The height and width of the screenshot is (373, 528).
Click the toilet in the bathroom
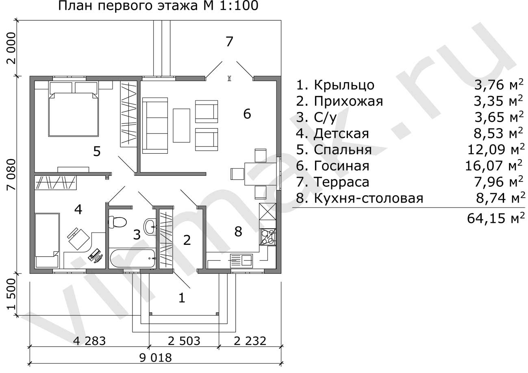coord(117,222)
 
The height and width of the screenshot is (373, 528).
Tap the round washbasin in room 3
coord(150,227)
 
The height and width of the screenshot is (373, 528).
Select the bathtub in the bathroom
coord(132,258)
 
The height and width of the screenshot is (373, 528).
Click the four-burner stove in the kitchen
coord(267,237)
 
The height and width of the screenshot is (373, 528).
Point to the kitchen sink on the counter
coord(241,261)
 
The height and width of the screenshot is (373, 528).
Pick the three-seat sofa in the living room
coord(155,126)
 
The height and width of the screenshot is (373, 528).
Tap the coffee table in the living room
coord(181,126)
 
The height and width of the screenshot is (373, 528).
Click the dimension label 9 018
coord(156,358)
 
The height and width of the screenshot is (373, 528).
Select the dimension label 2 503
coord(184,341)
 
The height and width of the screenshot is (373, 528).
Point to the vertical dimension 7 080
coord(11,175)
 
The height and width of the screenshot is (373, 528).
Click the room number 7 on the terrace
coord(229,41)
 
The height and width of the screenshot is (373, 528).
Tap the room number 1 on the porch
coord(182,298)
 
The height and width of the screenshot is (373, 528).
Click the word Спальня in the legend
coord(343,150)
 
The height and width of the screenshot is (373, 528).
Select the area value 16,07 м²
coord(493,166)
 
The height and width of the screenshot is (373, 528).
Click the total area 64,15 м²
coord(496,218)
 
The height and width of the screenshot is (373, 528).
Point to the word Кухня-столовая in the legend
coord(368,198)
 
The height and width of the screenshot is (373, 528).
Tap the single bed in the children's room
coord(47,240)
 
